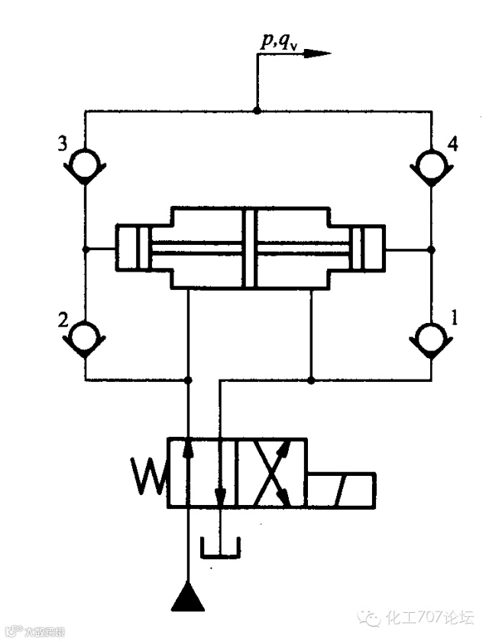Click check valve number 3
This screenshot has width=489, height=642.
tap(85, 163)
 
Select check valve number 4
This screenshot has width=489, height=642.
tap(432, 163)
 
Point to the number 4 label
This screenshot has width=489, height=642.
tap(452, 144)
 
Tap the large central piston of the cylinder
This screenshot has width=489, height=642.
tap(248, 247)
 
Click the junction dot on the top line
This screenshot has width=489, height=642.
tap(257, 111)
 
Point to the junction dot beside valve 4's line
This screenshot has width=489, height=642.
tap(432, 248)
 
